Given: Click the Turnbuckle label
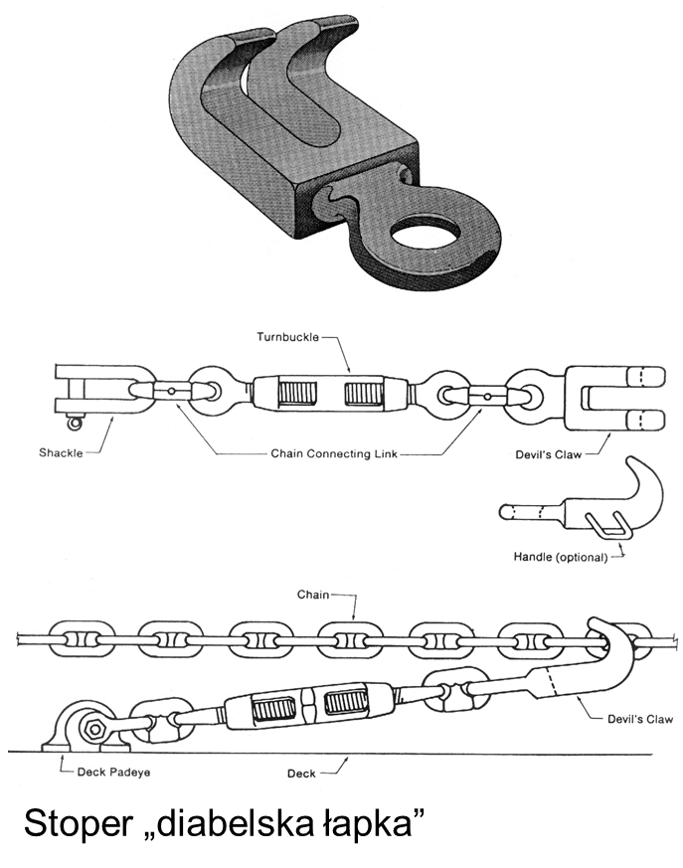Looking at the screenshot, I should (287, 338).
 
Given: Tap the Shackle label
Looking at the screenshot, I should (63, 453).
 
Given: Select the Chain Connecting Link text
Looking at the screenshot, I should (334, 453).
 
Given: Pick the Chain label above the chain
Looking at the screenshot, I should (313, 595).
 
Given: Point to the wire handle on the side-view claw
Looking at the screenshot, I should (602, 522).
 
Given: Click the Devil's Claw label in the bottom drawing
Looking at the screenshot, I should (639, 718).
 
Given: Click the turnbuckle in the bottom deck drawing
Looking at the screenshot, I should (288, 709).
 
